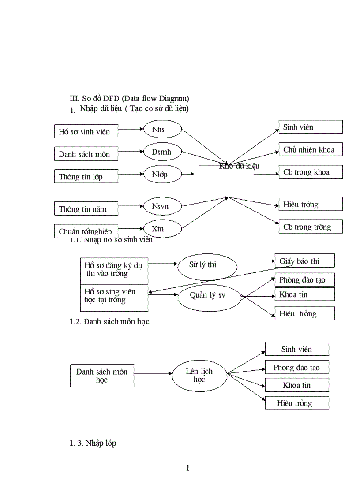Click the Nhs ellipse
[x=163, y=129]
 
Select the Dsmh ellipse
[x=163, y=152]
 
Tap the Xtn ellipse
[x=163, y=229]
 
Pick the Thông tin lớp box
[x=86, y=176]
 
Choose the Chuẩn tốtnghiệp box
[x=86, y=231]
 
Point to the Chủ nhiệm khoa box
[x=311, y=149]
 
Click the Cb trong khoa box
[x=311, y=172]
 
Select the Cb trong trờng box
[x=311, y=227]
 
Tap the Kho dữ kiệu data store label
[x=239, y=166]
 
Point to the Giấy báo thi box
[x=304, y=261]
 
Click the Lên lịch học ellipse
[x=199, y=376]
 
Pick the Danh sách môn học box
[x=102, y=376]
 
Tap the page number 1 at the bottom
[x=188, y=468]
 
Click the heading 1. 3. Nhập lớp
[x=93, y=443]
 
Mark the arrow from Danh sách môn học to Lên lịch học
[x=153, y=374]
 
